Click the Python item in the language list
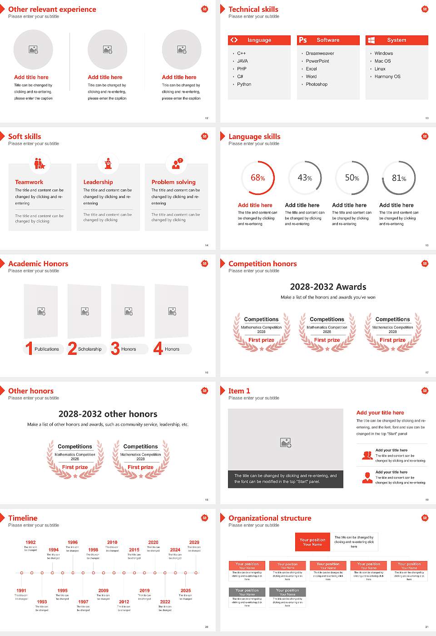coord(244,84)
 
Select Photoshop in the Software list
coord(317,84)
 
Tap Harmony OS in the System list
coord(387,77)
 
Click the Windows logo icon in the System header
coord(371,40)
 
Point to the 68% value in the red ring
coord(258,178)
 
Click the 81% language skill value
coord(399,178)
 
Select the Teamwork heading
coord(29,182)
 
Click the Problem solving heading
coord(173,182)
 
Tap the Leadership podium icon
coord(108,164)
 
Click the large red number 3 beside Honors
coord(115,348)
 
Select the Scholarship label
coord(90,349)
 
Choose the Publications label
coord(47,349)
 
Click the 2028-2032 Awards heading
coord(328,287)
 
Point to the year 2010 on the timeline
coord(112,542)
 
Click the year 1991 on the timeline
coord(21,591)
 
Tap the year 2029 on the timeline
coord(194,542)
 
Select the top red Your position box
coord(312,542)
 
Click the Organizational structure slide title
coord(270,518)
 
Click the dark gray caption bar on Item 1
coord(285,479)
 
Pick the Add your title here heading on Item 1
coord(380,413)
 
